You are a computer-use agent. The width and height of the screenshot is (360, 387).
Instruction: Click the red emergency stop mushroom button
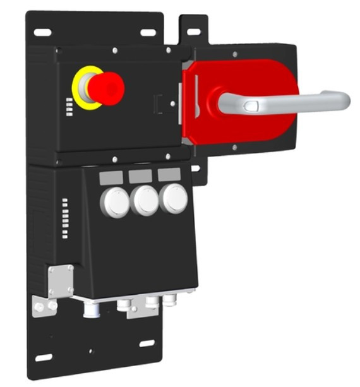[105, 88]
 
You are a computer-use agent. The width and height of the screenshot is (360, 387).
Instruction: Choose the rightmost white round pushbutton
[173, 198]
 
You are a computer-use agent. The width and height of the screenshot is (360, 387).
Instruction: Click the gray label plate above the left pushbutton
[111, 179]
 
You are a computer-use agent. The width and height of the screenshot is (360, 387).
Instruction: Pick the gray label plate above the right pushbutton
[169, 174]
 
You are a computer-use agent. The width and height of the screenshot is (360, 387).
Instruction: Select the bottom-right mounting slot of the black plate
[147, 343]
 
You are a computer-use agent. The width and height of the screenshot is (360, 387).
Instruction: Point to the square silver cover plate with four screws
[60, 279]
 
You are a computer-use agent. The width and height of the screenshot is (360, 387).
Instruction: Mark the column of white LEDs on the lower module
[65, 218]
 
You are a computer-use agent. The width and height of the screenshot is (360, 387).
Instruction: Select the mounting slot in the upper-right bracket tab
[194, 31]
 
